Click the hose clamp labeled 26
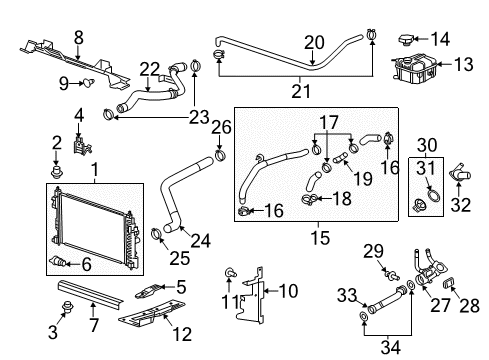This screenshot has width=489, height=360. [x=220, y=156]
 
